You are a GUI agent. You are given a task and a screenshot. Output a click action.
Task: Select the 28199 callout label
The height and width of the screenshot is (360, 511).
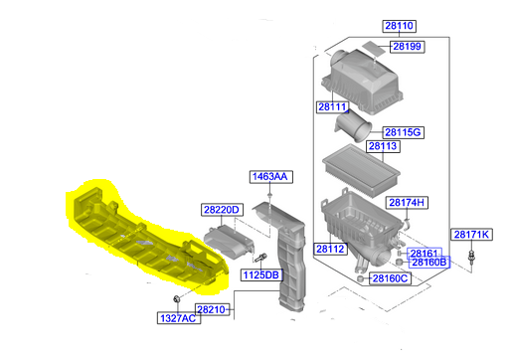406,46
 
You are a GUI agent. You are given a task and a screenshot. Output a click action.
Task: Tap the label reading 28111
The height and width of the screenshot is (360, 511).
332,106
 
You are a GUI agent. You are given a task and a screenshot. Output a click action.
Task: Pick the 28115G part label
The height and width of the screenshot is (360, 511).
404,132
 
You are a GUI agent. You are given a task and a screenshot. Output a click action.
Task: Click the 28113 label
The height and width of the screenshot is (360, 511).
384,146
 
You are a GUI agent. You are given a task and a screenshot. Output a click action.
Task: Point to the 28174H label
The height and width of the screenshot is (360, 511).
407,202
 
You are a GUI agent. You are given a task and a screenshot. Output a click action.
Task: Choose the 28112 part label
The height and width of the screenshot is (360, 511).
330,249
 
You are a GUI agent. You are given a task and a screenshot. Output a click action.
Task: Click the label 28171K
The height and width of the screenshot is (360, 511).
471,235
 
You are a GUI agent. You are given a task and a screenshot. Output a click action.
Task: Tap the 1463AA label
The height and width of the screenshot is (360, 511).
268,177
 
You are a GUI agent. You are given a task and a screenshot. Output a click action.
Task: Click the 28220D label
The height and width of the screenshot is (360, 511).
221,210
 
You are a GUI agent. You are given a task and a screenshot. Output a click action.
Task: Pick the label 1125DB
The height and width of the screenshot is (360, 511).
260,273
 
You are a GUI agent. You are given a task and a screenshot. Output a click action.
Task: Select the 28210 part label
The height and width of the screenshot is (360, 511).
212,309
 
